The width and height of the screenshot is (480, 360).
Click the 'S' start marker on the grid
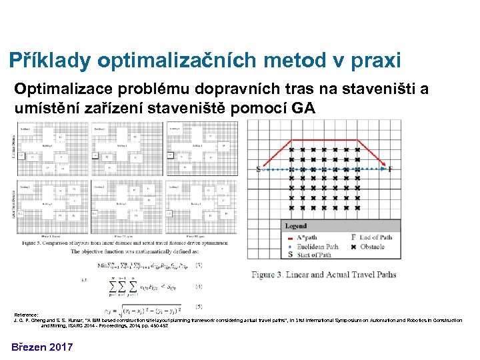click(x=259, y=169)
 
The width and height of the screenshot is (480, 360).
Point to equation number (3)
click(x=199, y=265)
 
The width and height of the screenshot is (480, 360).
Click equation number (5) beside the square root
click(x=199, y=307)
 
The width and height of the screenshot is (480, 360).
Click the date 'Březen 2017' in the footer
click(x=41, y=346)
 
